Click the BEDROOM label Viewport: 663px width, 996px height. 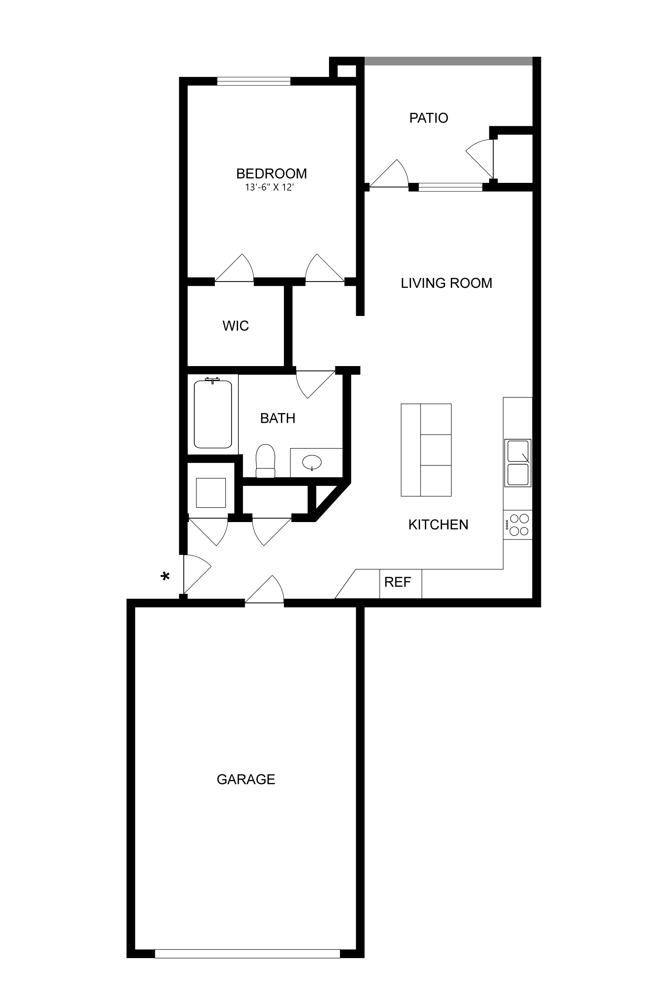271,174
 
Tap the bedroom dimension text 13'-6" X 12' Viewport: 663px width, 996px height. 269,188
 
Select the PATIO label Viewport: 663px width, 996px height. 428,118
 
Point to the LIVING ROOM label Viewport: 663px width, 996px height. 446,283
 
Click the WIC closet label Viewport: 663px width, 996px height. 235,326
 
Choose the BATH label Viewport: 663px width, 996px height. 277,419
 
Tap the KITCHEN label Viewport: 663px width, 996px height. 438,525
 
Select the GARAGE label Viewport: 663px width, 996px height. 246,779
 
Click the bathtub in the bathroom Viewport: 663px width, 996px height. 213,414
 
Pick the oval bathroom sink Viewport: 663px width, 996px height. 312,462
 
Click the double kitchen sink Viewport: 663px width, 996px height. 517,463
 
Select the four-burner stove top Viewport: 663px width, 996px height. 518,525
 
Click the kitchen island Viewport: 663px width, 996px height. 426,450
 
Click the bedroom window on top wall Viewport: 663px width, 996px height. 254,81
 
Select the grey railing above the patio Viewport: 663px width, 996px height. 448,61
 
